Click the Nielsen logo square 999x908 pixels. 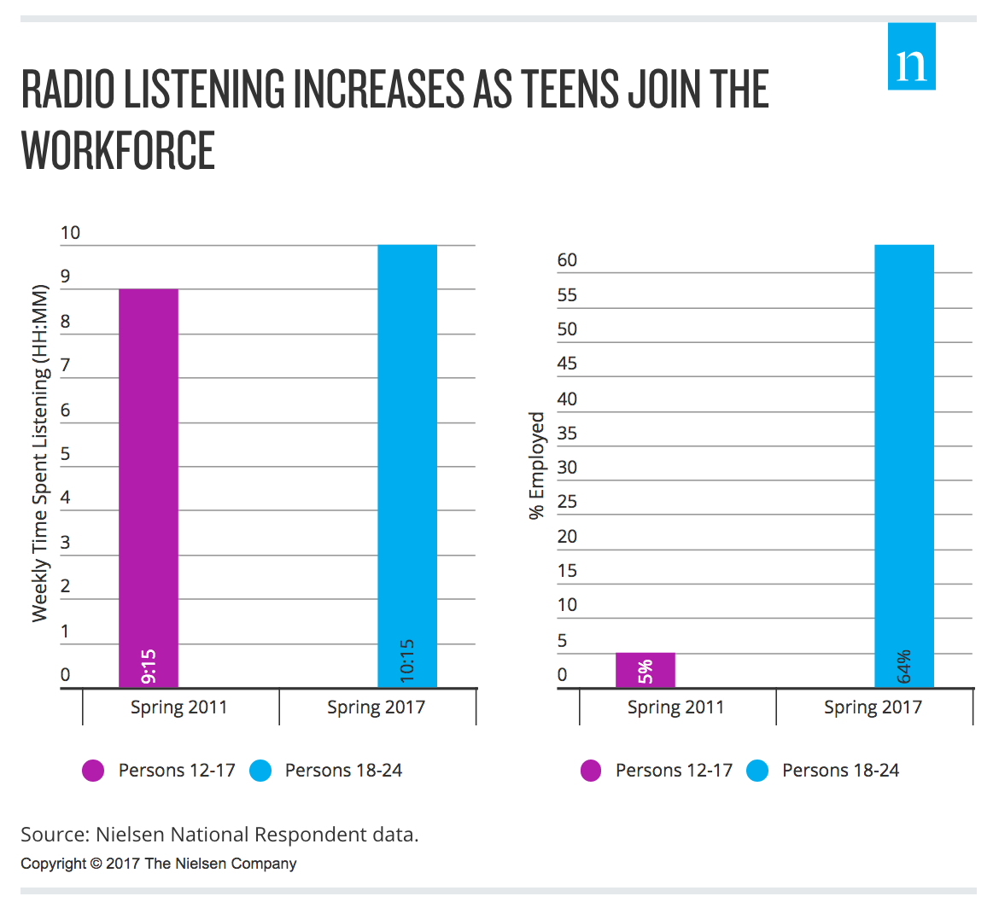coord(911,56)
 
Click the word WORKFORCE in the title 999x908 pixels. coord(118,151)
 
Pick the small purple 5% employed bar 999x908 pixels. coord(646,670)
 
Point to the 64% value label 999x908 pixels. coord(904,666)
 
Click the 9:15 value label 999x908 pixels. coord(149,666)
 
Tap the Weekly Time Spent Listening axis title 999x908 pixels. coord(40,452)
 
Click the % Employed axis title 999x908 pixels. coord(536,465)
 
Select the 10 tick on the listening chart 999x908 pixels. coord(70,232)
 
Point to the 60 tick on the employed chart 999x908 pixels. coord(567,260)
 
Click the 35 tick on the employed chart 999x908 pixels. coord(567,433)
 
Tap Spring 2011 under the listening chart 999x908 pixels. coord(178,707)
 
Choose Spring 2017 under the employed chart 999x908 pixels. coord(873,707)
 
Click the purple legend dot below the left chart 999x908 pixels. coord(93,771)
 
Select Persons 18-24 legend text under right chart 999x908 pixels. coord(840,771)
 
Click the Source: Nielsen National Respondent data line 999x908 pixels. coord(219,834)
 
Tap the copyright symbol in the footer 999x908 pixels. coord(96,864)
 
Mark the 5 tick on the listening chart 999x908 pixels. coord(66,453)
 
